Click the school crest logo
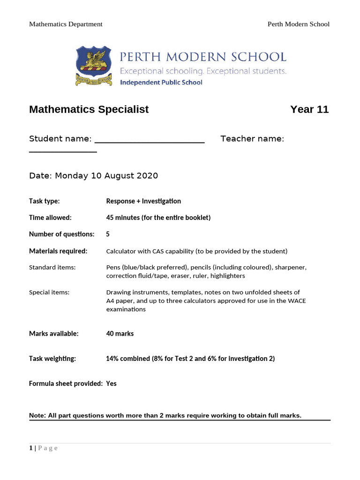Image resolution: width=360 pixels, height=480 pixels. (94, 66)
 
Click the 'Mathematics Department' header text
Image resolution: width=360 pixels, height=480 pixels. (66, 24)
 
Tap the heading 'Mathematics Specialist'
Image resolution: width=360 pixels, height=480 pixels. (89, 109)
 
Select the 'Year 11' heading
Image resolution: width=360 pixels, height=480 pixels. (309, 109)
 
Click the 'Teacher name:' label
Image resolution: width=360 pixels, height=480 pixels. (252, 139)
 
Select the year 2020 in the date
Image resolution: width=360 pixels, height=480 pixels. (147, 176)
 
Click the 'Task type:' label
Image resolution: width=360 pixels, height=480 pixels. (44, 201)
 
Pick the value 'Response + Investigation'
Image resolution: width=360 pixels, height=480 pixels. (143, 201)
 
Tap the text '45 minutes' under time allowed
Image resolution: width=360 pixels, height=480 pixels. (122, 217)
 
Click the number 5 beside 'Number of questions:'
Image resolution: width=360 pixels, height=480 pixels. (108, 234)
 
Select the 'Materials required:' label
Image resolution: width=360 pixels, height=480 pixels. (58, 251)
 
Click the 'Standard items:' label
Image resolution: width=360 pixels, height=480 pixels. (52, 267)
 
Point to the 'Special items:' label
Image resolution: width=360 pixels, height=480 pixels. (49, 292)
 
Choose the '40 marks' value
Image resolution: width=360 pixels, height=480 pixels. (120, 334)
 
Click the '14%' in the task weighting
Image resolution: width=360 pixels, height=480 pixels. (112, 359)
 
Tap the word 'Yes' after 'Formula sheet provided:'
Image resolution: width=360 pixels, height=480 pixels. (112, 383)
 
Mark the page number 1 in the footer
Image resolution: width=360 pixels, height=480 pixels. (31, 448)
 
